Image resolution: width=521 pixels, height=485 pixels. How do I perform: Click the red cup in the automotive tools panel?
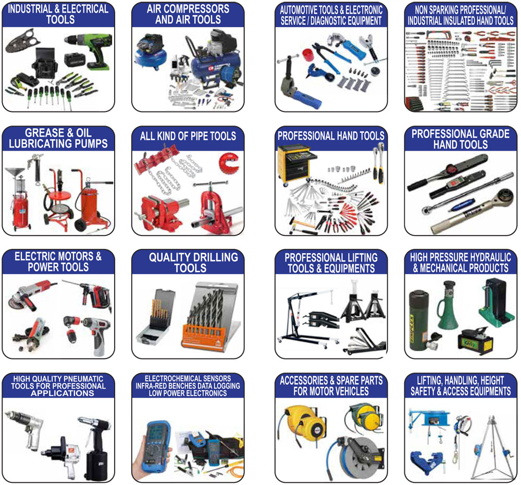[308, 55]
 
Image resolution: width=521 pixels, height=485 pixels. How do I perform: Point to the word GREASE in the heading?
[45, 133]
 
